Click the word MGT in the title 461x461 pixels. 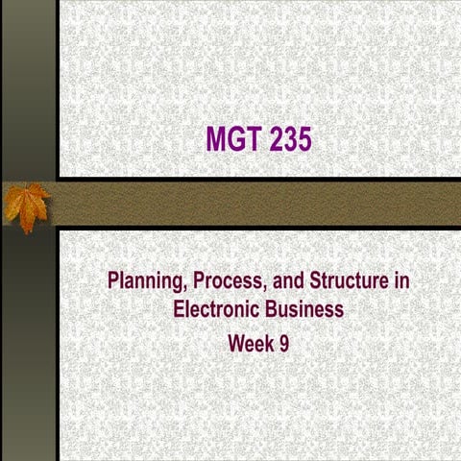click(x=233, y=140)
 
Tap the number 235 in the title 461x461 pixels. click(x=288, y=140)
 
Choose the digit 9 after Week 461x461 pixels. click(x=284, y=342)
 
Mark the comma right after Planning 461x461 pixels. click(x=187, y=290)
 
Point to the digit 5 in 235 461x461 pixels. click(x=303, y=140)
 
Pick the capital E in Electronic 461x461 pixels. click(x=181, y=310)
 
